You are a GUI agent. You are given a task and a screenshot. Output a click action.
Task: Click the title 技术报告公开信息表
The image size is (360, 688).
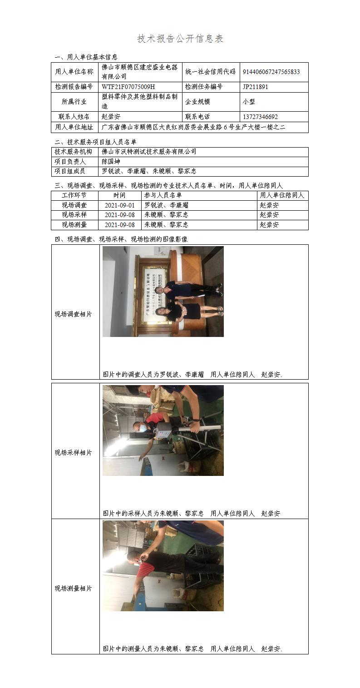[x=180, y=39]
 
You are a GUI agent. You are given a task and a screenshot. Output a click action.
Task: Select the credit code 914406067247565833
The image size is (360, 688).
[x=271, y=72]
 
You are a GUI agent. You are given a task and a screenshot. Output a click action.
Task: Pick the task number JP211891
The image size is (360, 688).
[x=255, y=87]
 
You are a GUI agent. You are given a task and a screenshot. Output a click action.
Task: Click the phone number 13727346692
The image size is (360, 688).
[x=260, y=117]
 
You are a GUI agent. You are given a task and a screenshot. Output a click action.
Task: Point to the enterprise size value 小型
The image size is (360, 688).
[x=249, y=102]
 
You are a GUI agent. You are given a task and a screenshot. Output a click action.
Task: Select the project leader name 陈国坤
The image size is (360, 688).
[x=111, y=162]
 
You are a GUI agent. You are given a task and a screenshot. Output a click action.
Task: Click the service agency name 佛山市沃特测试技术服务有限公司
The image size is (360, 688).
[x=149, y=152]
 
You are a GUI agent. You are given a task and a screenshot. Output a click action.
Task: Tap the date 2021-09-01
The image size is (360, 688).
[x=120, y=205]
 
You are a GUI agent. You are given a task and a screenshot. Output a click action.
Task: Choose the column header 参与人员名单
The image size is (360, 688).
[x=163, y=195]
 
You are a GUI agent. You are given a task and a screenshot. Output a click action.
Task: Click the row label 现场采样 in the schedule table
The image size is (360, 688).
[x=74, y=215]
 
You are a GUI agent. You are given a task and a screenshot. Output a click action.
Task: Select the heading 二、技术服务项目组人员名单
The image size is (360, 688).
[x=95, y=142]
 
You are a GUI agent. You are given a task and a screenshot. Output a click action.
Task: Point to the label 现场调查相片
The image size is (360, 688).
[x=73, y=314]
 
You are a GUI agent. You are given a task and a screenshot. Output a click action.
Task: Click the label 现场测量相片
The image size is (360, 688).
[x=73, y=588]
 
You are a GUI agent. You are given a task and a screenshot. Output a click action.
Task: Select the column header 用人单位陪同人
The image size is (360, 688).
[x=282, y=195]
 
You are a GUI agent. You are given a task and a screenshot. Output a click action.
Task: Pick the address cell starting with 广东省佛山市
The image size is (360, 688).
[x=193, y=127]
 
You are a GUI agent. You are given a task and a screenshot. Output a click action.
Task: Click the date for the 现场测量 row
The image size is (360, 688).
[x=120, y=225]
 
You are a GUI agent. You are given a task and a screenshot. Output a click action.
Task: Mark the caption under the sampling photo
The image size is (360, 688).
[x=192, y=513]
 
